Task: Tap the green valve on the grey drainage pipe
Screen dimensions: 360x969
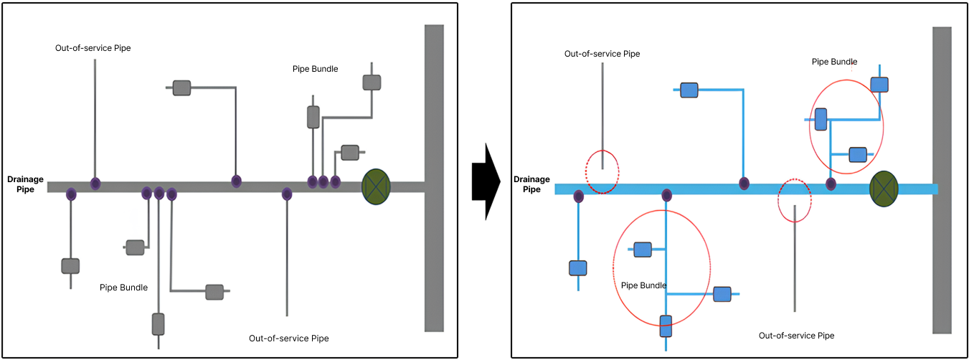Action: (375, 186)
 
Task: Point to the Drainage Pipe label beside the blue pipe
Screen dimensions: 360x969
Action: (531, 184)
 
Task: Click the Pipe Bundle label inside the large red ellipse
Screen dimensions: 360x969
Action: (643, 285)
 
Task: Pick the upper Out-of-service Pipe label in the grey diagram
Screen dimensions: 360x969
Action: (93, 48)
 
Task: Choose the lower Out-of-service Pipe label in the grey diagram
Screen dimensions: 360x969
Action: (288, 338)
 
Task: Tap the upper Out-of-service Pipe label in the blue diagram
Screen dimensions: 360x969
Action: (602, 54)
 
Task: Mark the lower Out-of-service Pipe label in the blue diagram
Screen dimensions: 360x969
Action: (796, 336)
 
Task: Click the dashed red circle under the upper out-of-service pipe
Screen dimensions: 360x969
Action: (602, 172)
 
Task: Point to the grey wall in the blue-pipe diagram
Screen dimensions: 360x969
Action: (942, 180)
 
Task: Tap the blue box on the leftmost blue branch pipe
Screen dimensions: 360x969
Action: (578, 268)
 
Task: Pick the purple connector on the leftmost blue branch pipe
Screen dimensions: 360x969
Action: (578, 196)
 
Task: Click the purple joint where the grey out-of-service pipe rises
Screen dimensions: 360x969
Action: (95, 184)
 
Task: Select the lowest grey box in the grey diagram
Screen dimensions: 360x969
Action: (159, 324)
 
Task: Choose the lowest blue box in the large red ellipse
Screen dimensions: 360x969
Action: (666, 326)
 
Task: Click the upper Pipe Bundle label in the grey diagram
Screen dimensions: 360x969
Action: (315, 69)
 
